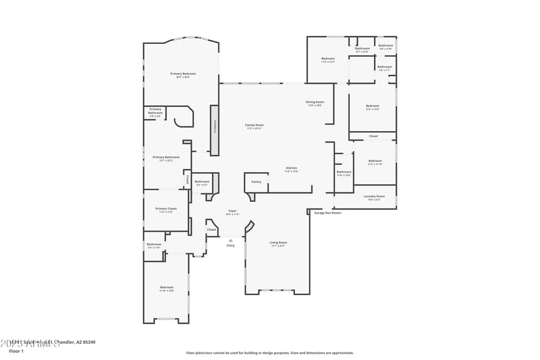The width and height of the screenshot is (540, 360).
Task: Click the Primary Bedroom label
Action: tap(183, 74)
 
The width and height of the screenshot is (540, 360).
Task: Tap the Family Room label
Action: tap(254, 125)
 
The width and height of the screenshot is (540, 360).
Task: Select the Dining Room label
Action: tap(315, 102)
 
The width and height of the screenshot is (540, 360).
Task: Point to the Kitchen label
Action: tap(291, 168)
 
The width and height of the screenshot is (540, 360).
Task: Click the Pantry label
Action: tap(256, 182)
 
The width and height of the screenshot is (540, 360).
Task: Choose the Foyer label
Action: tap(232, 211)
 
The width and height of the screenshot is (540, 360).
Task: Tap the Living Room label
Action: tap(278, 242)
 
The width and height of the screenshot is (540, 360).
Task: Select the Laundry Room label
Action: tap(373, 197)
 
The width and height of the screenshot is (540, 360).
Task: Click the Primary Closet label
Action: tap(166, 209)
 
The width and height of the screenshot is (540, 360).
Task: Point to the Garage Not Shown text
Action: tap(327, 213)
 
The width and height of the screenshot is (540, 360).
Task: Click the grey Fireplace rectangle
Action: tap(215, 130)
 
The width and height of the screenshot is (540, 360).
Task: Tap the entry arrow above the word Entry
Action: tap(230, 240)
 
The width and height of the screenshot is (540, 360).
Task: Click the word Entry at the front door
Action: tap(230, 246)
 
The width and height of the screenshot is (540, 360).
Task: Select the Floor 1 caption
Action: tap(16, 351)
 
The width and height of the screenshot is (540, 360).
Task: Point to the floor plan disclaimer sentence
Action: tap(269, 353)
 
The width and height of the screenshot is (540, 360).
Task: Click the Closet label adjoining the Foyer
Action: tap(211, 230)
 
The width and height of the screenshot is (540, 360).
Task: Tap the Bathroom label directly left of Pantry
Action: tap(202, 182)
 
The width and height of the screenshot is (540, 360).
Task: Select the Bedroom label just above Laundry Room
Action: tap(375, 161)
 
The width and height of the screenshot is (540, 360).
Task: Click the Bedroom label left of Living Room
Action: tap(167, 288)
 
